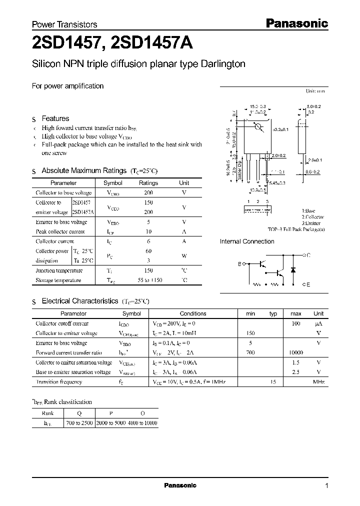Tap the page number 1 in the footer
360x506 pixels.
[326, 486]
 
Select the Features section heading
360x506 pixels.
[55, 118]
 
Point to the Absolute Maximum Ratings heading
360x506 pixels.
[84, 170]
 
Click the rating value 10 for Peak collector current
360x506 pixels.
[148, 231]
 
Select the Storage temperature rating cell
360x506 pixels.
[148, 280]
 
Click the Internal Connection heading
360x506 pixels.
[247, 241]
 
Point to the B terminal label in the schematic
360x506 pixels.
[239, 263]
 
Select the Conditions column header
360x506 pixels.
[192, 313]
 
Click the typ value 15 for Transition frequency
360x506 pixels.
[273, 382]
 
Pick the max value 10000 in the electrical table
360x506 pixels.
[295, 352]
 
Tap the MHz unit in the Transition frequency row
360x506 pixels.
[318, 382]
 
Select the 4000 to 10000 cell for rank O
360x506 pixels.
[142, 423]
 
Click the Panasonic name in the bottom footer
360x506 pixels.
[180, 485]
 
